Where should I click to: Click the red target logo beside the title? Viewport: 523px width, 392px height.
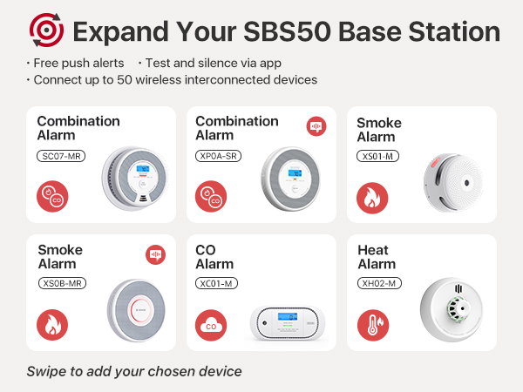click(46, 31)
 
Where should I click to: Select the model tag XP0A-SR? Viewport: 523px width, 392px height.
click(219, 156)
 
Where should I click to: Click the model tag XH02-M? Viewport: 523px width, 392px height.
click(379, 283)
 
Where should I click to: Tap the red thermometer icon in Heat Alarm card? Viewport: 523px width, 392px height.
click(373, 326)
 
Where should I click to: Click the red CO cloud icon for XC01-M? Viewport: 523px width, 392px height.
click(212, 326)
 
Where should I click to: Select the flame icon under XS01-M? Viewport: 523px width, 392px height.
click(373, 199)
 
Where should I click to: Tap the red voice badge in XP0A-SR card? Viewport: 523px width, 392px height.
click(316, 127)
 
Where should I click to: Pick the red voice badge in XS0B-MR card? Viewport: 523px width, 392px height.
click(155, 254)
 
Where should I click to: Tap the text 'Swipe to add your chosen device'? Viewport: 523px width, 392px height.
click(133, 371)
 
